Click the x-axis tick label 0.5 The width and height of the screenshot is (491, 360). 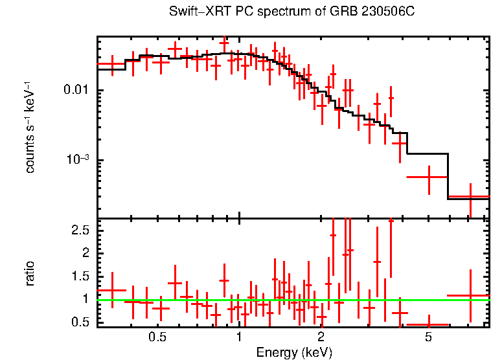coord(157,337)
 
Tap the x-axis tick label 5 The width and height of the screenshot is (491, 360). coord(428,337)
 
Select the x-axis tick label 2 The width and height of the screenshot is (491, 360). coord(321,337)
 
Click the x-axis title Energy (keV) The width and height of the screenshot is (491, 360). coord(294,352)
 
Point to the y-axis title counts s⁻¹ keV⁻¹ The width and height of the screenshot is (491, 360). coord(30,127)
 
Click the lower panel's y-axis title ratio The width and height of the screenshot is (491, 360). coord(30,273)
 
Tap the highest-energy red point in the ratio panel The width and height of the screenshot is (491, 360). coord(470,295)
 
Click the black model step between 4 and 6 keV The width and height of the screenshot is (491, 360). coord(427,154)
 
